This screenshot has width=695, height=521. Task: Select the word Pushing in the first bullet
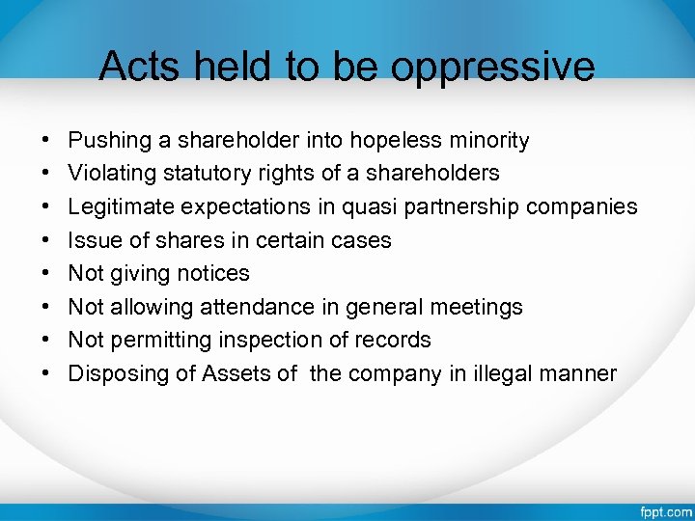click(x=110, y=141)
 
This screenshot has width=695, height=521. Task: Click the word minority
click(x=488, y=141)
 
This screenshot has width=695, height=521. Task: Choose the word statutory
click(x=208, y=174)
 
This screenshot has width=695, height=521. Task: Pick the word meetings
click(x=475, y=307)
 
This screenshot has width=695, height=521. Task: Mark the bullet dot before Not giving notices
click(x=48, y=274)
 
